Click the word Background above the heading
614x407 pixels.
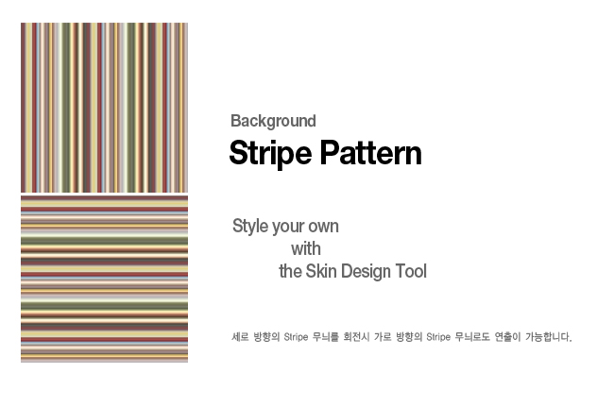273,121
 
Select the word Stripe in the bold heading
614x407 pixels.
270,153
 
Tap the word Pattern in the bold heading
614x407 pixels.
371,153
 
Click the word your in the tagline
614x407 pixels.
288,228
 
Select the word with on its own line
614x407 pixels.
306,249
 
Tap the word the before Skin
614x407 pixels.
290,272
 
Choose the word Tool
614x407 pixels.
411,271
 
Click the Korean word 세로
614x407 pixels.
240,337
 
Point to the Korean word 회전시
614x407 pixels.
356,337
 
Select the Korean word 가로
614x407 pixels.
383,337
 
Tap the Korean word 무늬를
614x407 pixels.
325,337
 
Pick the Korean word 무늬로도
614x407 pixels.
472,337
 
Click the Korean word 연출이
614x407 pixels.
507,337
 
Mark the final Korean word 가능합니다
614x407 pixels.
549,337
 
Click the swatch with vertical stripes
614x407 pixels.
104,108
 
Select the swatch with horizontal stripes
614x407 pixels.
104,279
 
